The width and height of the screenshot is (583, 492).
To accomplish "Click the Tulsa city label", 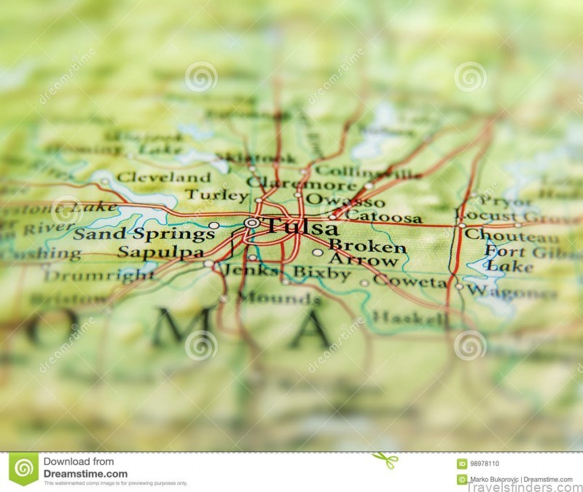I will pos(300,226).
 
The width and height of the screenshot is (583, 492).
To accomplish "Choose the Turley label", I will pos(216,195).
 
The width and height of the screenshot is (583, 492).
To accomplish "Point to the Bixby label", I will pos(321,274).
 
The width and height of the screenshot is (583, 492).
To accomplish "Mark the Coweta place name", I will pos(410,281).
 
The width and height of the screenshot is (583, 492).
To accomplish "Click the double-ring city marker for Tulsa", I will pos(251,223).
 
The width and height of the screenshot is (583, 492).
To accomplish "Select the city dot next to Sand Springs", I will pos(214,226).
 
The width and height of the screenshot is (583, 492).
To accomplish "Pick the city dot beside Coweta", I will pos(364,283).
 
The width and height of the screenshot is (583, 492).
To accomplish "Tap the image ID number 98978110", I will pos(485,464).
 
